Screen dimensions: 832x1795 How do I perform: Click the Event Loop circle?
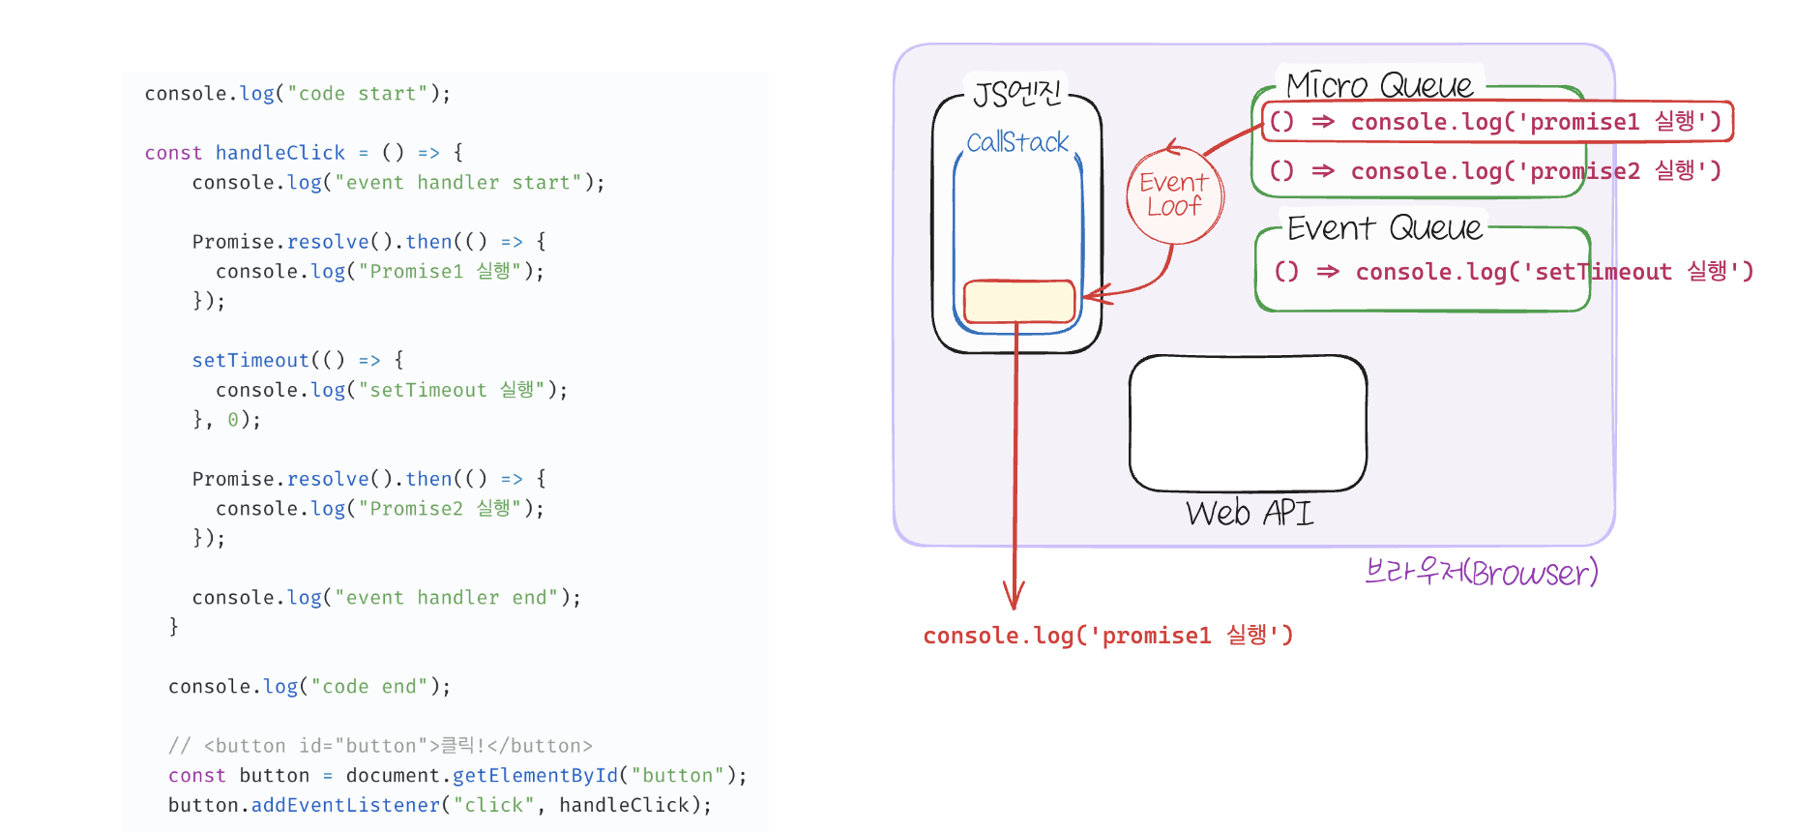[x=1175, y=194]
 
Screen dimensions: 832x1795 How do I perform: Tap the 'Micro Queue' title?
[x=1380, y=86]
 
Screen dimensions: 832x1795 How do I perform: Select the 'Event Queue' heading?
[x=1384, y=228]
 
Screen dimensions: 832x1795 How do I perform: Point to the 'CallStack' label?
[x=1017, y=143]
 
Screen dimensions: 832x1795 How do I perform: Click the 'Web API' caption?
[x=1250, y=513]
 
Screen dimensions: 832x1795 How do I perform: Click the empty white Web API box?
[x=1248, y=423]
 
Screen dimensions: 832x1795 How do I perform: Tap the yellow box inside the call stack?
[x=1019, y=301]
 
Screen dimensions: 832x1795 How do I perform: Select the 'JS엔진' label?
[x=1016, y=94]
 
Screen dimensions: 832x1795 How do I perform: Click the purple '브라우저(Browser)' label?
[x=1481, y=573]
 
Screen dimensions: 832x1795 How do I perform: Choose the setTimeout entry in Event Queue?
[x=1514, y=272]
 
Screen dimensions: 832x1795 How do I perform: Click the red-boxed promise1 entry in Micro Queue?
[x=1496, y=122]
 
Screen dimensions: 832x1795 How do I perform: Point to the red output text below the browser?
[x=1107, y=636]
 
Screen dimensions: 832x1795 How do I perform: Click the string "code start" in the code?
[x=358, y=94]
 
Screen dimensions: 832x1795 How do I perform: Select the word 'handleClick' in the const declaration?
[x=280, y=153]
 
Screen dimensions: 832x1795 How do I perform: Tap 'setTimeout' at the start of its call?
[x=250, y=360]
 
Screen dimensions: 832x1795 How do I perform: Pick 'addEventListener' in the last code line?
[x=345, y=805]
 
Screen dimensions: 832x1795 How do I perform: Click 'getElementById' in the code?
[x=535, y=776]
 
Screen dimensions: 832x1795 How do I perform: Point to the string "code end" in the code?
[x=368, y=687]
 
